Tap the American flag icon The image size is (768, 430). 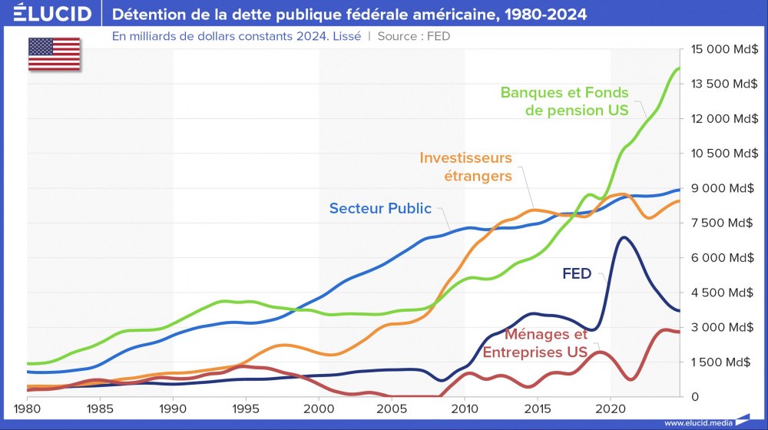54,53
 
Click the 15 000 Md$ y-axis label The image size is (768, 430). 723,49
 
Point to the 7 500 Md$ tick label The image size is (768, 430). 723,223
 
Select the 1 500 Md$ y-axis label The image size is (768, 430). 723,362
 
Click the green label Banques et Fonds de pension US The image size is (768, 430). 564,101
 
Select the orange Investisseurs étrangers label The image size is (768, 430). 465,167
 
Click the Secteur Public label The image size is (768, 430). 380,208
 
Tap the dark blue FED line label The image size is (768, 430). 577,273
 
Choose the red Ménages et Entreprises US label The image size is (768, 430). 535,343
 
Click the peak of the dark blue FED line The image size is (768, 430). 624,237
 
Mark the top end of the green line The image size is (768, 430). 679,68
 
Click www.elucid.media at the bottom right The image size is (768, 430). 697,422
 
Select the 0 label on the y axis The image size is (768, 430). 694,396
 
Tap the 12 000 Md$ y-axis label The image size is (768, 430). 723,118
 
